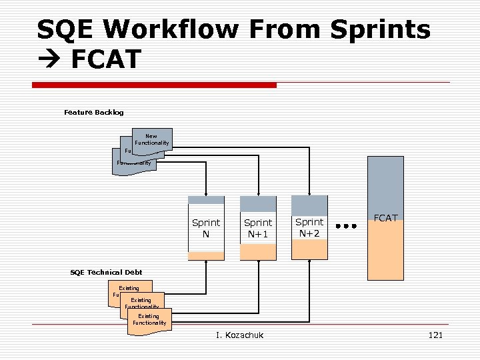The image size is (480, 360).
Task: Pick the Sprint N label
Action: [206, 227]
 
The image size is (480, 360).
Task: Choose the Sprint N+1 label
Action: [258, 227]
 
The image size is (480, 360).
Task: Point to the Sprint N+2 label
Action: [309, 227]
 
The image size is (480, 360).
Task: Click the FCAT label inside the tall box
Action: [385, 218]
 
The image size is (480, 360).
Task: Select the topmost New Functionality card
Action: [152, 139]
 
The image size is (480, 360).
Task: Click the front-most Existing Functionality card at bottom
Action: [149, 320]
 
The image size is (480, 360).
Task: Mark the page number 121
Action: [435, 335]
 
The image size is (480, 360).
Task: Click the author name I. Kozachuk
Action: [240, 335]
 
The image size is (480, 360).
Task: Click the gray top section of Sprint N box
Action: [206, 199]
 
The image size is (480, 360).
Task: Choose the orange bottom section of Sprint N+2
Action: [309, 249]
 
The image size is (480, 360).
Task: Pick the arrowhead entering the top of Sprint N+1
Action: [258, 193]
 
